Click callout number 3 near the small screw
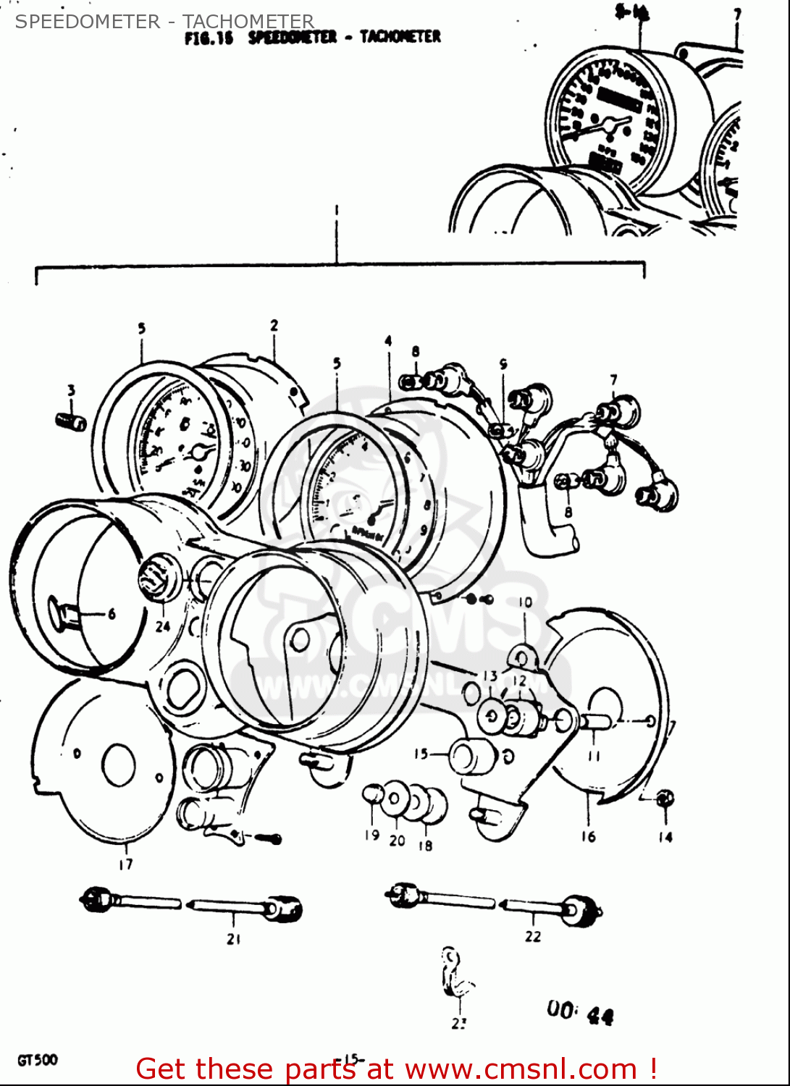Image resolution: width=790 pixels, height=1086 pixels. click(71, 391)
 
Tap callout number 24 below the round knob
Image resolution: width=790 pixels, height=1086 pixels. click(163, 626)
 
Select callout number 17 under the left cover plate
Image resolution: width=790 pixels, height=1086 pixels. click(125, 864)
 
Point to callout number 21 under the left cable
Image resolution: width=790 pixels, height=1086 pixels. click(233, 939)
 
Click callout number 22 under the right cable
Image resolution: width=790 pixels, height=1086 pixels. click(533, 936)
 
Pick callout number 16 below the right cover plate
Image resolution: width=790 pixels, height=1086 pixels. click(588, 837)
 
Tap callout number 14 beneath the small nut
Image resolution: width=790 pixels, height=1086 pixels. click(665, 837)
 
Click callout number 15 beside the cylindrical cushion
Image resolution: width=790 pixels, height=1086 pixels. click(421, 754)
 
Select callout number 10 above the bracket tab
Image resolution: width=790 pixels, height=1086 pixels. click(525, 602)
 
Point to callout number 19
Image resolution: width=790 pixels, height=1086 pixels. click(371, 835)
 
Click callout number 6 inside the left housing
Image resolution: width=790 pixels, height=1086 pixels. click(112, 614)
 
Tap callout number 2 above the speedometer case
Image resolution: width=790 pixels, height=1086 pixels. click(274, 326)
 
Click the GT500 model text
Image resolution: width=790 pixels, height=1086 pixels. click(38, 1061)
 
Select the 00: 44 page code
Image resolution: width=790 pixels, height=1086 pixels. click(580, 1012)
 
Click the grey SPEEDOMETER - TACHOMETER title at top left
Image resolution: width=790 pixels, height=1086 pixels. click(164, 21)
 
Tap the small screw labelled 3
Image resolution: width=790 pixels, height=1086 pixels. click(71, 421)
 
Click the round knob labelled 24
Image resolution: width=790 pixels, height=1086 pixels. click(157, 580)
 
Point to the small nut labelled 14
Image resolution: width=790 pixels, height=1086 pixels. click(665, 798)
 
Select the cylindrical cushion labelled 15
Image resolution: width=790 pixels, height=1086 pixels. click(472, 756)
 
